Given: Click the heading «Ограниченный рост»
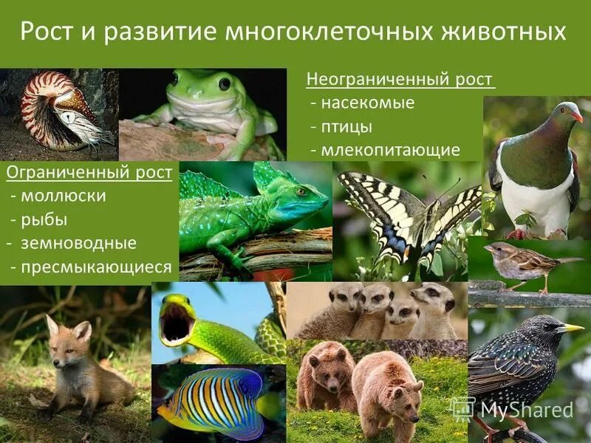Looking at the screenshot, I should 89,173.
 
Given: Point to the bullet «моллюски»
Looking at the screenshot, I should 62,196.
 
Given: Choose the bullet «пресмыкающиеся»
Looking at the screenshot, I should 95,267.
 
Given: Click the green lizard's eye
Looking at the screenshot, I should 301,191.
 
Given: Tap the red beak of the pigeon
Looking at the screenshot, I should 577,116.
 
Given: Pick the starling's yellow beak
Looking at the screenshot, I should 570,328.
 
